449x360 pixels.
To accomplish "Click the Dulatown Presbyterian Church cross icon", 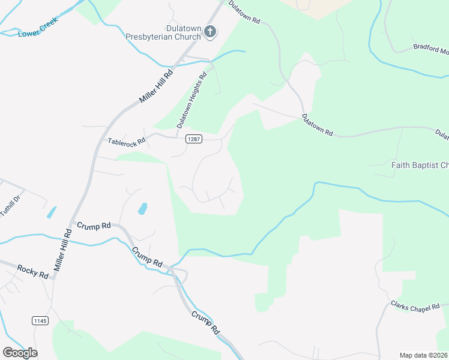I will pos(209,32).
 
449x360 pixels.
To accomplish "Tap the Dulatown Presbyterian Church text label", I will pos(163,32).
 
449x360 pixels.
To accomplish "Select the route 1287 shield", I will pos(193,139).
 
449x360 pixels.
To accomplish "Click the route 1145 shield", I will pos(40,321).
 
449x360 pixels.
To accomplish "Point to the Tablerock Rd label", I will pos(127,142).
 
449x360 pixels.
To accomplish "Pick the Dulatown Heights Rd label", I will pos(191,100).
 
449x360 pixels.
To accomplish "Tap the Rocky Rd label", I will pos(32,271).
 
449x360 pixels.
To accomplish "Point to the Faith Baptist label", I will pos(419,165).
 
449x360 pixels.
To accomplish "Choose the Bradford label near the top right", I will pos(431,49).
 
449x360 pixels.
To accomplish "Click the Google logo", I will pos(20,352).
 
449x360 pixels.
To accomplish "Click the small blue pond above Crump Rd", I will pos(143,209).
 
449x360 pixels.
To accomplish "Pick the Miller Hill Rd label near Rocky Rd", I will pos(62,253).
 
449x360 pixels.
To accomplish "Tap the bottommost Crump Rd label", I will pos(205,322).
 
